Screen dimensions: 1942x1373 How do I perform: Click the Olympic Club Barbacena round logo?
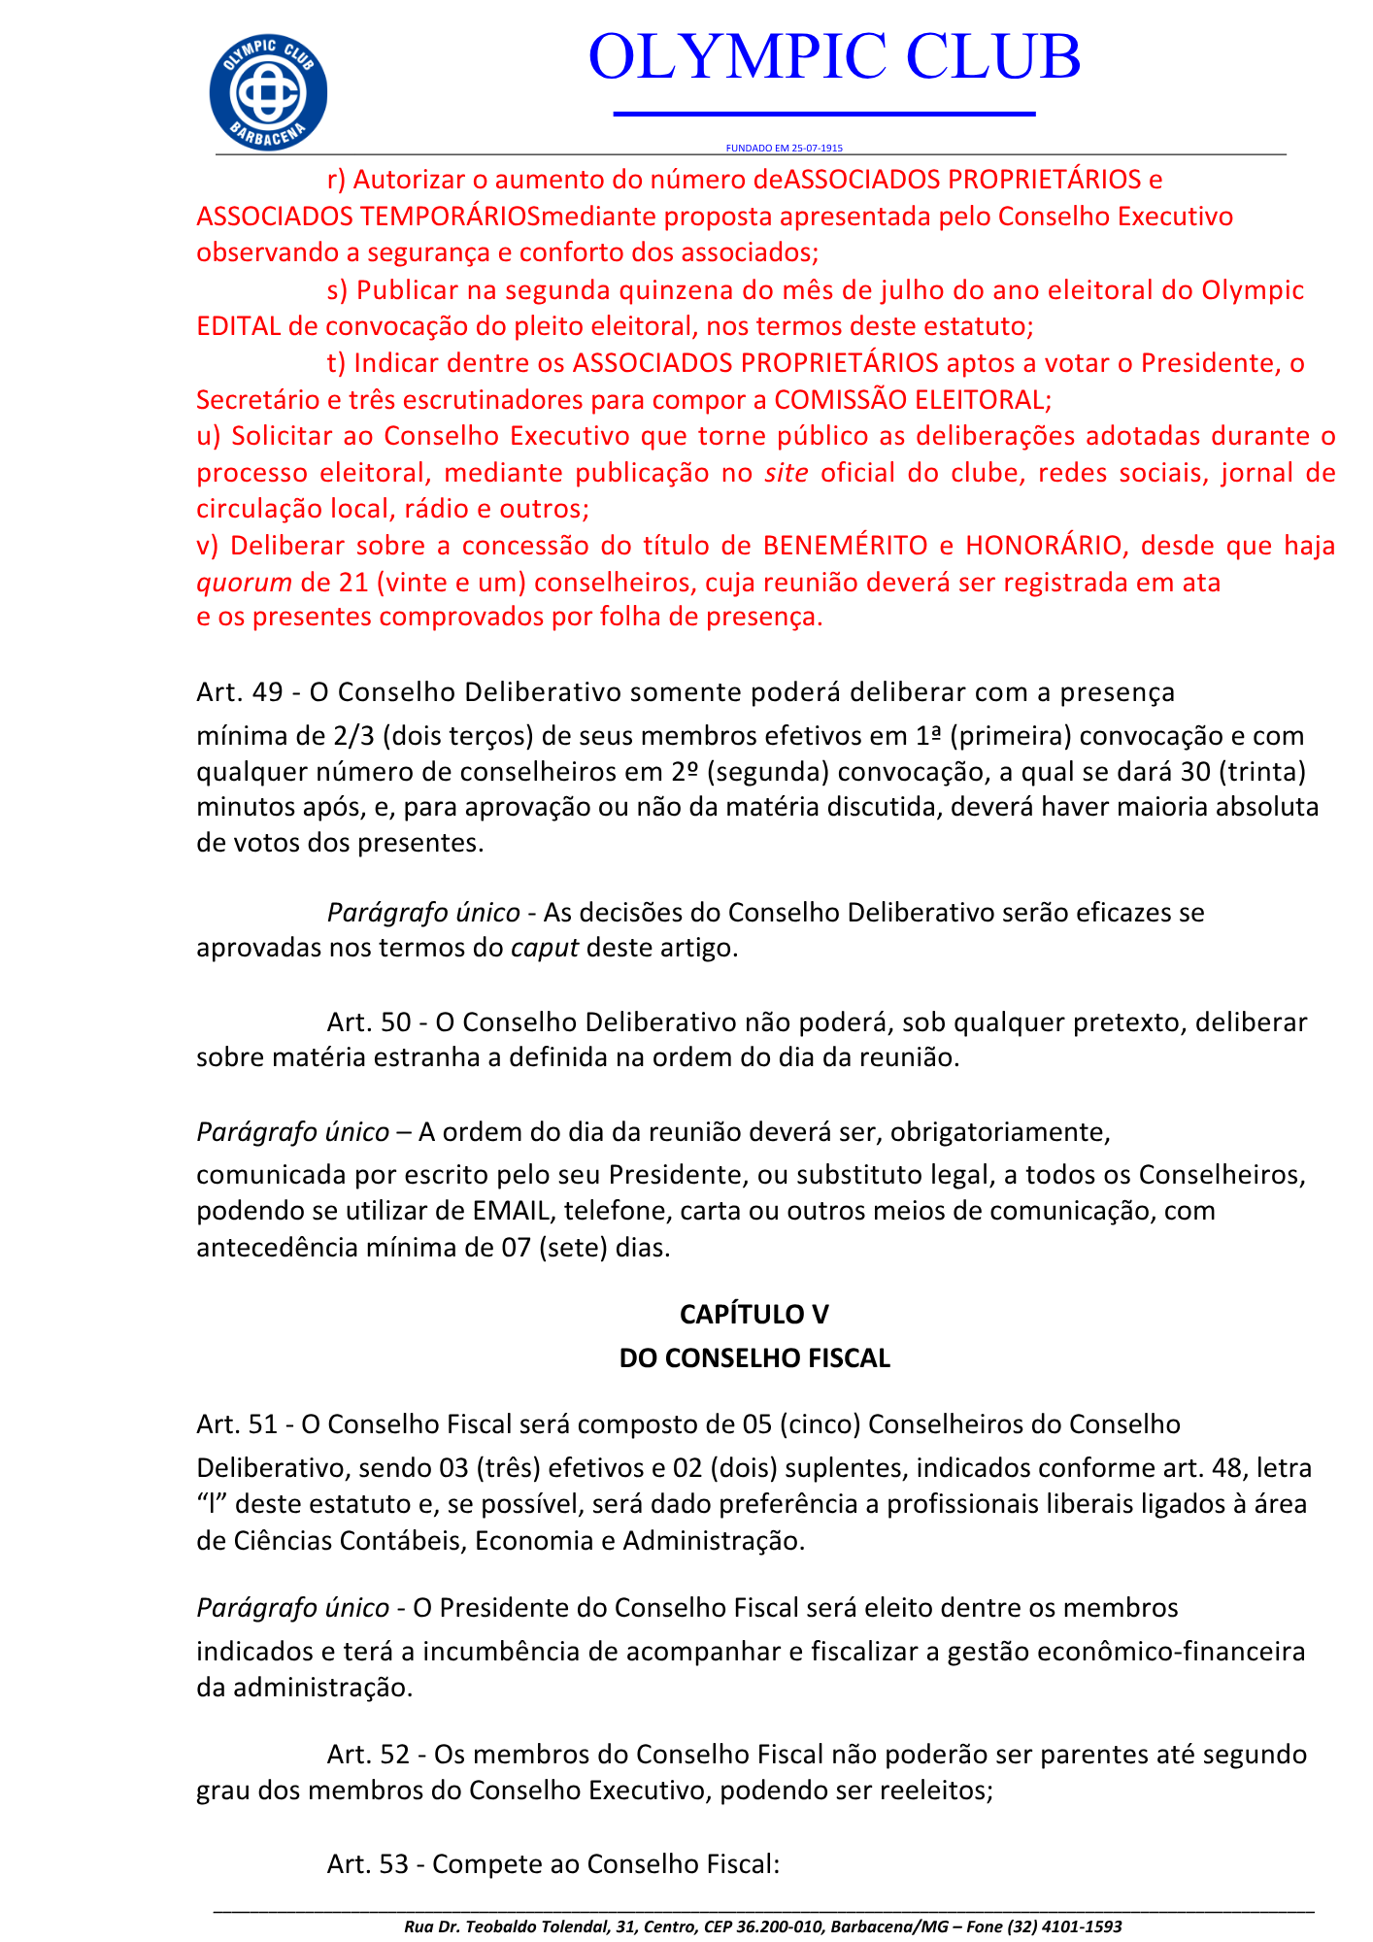(x=268, y=93)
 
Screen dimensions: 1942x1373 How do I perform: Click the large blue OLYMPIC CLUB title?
(x=834, y=56)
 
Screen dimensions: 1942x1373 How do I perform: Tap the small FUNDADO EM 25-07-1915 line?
(x=784, y=149)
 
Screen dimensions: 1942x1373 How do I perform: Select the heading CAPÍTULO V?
(x=754, y=1314)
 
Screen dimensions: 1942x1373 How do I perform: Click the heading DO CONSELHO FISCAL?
(x=754, y=1357)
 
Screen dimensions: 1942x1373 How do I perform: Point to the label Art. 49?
(x=239, y=692)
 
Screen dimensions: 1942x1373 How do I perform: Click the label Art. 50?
(x=369, y=1022)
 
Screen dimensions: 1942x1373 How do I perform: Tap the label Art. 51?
(x=237, y=1423)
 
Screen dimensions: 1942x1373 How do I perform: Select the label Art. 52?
(x=369, y=1755)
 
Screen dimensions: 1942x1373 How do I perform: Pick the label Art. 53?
(x=368, y=1864)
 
